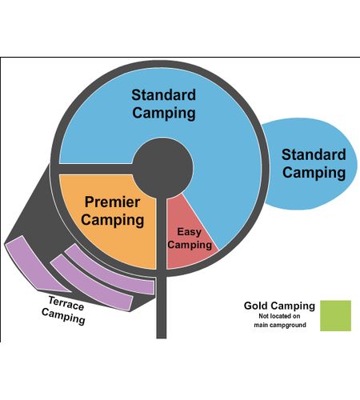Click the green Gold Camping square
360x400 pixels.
pos(335,316)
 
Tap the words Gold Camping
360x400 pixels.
pos(279,306)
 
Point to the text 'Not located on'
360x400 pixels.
pos(279,316)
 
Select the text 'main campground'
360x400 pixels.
pos(280,325)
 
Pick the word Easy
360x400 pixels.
pos(189,232)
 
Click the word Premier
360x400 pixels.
pos(112,202)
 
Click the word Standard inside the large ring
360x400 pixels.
pos(164,95)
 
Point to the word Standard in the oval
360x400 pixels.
pos(314,154)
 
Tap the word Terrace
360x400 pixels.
pos(66,304)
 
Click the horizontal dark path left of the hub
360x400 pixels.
pos(96,169)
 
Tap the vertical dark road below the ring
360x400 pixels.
pos(162,306)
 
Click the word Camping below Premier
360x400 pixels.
pos(113,220)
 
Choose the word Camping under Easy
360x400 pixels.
pos(190,245)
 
